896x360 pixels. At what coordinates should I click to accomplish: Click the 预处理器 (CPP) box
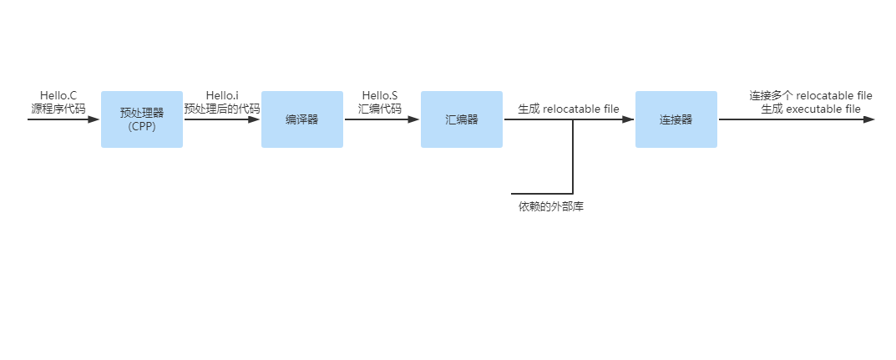point(142,119)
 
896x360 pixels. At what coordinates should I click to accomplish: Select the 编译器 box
point(302,119)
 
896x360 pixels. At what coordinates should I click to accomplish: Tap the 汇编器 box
point(462,119)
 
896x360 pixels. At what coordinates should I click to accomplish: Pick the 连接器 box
point(676,119)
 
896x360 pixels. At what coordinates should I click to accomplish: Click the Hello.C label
point(58,95)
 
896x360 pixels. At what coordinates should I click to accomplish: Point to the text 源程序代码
point(58,109)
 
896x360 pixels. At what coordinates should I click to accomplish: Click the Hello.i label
point(222,95)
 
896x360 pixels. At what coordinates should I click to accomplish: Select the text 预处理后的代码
point(222,109)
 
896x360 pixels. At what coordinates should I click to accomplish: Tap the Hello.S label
point(380,95)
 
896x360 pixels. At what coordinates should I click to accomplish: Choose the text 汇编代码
point(380,109)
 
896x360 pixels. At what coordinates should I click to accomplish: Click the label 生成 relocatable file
point(569,109)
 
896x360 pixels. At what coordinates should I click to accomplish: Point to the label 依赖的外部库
point(551,206)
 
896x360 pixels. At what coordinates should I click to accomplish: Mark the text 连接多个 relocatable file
point(811,95)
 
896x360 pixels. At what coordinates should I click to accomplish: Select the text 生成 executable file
point(811,109)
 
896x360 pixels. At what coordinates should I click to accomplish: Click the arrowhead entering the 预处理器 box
point(94,119)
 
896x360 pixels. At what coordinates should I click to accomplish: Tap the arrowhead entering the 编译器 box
point(255,119)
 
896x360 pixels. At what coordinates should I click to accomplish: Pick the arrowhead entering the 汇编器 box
point(414,119)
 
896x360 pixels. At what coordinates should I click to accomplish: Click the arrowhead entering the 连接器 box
point(629,119)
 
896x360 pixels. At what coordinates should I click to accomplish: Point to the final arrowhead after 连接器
point(868,119)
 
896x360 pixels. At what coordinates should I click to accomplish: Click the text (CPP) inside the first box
point(142,127)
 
